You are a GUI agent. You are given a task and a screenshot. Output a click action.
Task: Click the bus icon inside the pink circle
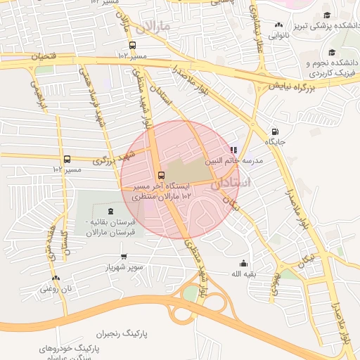(x=162, y=175)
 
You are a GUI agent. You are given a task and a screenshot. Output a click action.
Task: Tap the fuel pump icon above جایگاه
(x=274, y=131)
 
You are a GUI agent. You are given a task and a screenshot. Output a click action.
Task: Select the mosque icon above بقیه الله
(x=243, y=263)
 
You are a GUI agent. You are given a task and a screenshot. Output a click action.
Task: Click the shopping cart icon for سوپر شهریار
(x=124, y=257)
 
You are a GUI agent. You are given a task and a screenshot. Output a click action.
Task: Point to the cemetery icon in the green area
(x=109, y=211)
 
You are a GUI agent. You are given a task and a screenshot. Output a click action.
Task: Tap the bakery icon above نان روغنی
(x=56, y=278)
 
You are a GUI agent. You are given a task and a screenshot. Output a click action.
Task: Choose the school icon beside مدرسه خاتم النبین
(x=233, y=150)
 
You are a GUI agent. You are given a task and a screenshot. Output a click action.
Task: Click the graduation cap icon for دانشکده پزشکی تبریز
(x=327, y=15)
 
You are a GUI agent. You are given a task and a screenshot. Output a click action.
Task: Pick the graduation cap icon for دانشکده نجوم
(x=331, y=52)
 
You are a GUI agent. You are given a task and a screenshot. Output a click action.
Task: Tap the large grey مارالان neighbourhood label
(x=155, y=27)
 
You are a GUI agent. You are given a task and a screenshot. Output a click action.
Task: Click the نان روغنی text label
(x=56, y=288)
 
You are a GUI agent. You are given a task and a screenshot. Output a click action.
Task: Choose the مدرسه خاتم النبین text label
(x=233, y=161)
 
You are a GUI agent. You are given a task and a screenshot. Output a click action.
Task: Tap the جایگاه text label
(x=274, y=142)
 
